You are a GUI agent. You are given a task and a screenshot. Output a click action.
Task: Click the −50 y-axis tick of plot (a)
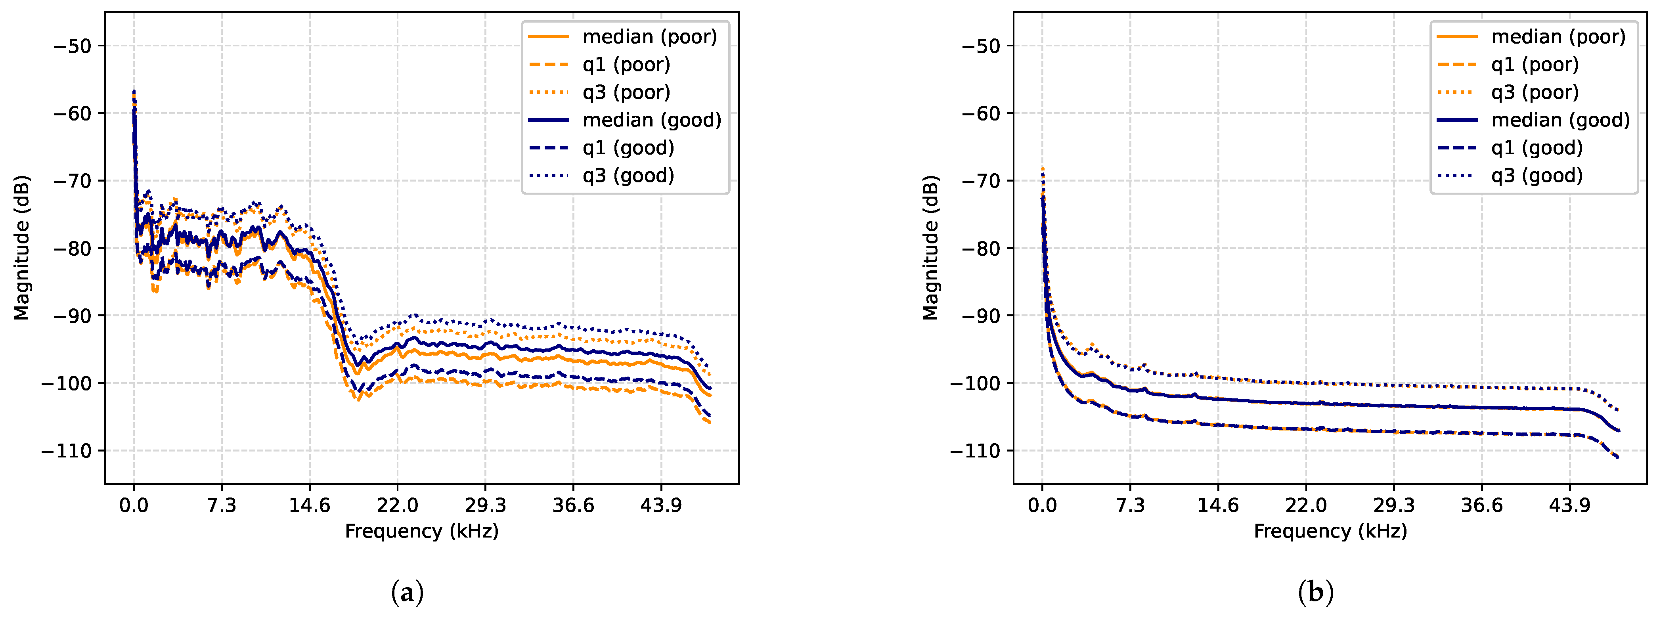pyautogui.click(x=75, y=46)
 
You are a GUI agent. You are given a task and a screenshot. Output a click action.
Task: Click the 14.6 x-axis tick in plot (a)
pyautogui.click(x=309, y=505)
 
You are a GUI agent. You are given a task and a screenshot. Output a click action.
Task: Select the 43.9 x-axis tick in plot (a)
pyautogui.click(x=661, y=505)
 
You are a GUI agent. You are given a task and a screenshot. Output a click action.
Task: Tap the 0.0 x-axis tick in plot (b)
pyautogui.click(x=1042, y=505)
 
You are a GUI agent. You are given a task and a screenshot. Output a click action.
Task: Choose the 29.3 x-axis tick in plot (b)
pyautogui.click(x=1394, y=505)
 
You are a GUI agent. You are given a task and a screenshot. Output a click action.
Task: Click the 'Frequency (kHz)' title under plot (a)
pyautogui.click(x=422, y=531)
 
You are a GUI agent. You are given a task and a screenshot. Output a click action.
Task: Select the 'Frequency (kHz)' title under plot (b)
pyautogui.click(x=1330, y=531)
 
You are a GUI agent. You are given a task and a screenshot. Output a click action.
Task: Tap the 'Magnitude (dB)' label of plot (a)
pyautogui.click(x=22, y=248)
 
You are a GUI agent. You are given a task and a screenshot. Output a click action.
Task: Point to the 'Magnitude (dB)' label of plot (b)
pyautogui.click(x=931, y=248)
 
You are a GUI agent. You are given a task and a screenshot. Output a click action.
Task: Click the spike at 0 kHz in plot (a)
pyautogui.click(x=134, y=97)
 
